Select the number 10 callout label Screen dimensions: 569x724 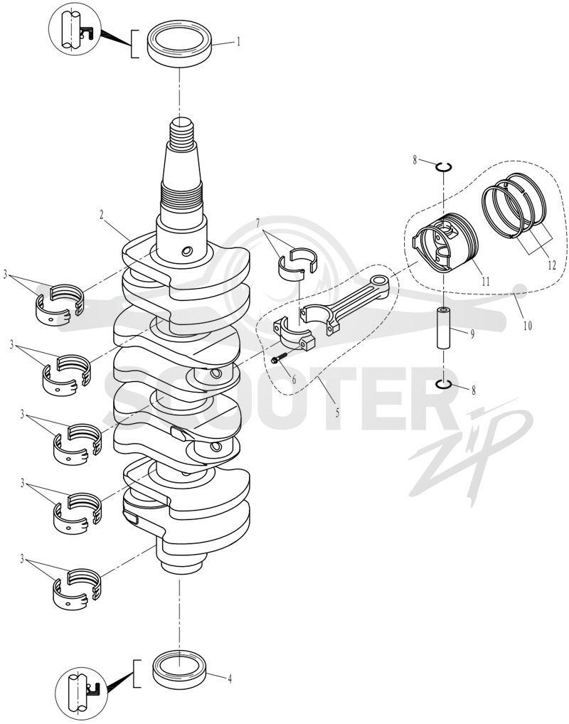(x=528, y=326)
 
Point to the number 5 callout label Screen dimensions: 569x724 (x=337, y=412)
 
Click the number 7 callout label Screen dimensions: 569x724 (x=263, y=223)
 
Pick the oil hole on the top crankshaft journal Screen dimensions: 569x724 (x=187, y=251)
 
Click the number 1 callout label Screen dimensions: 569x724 (x=238, y=42)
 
